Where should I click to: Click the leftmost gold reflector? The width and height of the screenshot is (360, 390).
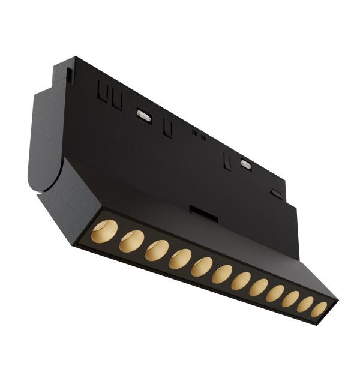pos(104,232)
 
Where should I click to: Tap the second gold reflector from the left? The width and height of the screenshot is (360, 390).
pos(131,241)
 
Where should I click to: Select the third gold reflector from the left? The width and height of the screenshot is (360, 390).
pos(157,250)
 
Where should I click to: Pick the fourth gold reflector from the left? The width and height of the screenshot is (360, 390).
pos(180,259)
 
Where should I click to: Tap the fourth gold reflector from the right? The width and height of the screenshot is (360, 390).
pos(275,293)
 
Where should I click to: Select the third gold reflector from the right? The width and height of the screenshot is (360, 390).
pos(291,299)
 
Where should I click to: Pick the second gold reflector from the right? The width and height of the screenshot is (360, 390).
pos(305,304)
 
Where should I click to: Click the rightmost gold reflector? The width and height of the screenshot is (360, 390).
pos(319,309)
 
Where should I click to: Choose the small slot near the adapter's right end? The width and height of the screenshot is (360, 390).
pos(277,193)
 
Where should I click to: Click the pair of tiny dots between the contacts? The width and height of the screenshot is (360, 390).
pos(199,135)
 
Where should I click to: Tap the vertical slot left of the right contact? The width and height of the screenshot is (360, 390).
pos(227,160)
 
